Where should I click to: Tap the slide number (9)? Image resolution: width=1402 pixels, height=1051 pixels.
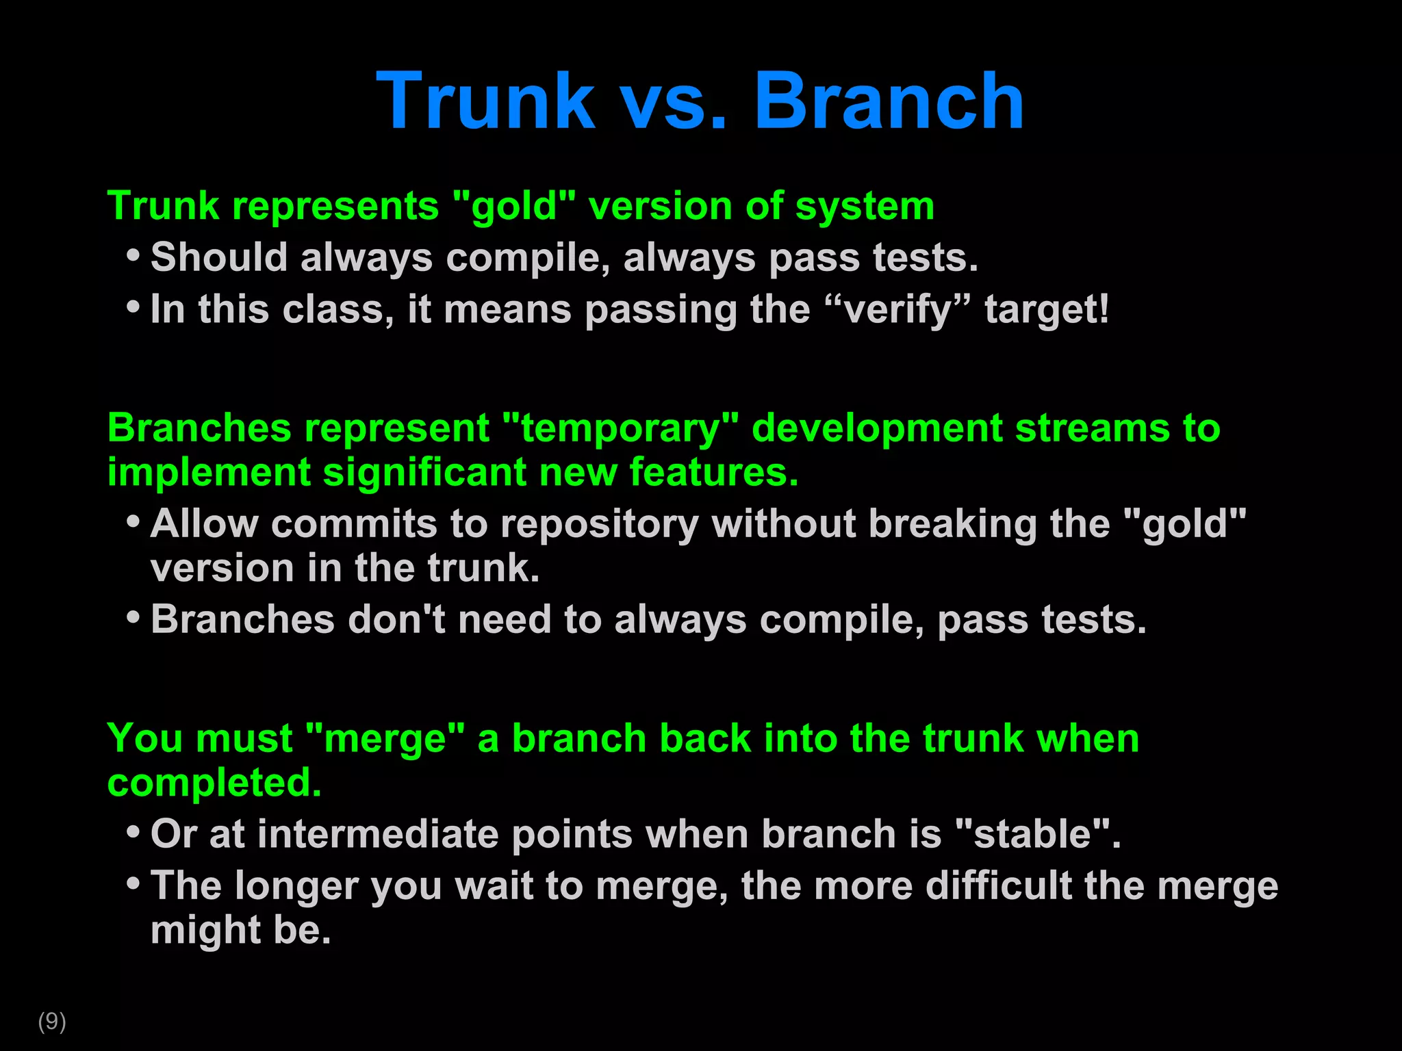coord(52,1021)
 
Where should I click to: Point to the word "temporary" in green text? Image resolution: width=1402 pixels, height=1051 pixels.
coord(621,428)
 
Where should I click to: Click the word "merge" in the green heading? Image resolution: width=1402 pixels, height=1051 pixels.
coord(385,739)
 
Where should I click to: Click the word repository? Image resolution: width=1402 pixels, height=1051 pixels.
coord(600,524)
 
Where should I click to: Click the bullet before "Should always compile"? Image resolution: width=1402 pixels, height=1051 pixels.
coord(133,256)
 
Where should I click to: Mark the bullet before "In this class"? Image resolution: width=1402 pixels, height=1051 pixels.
coord(133,307)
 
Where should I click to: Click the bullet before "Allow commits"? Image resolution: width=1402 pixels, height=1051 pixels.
coord(133,522)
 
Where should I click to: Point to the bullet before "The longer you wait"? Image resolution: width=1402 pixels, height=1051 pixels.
coord(133,883)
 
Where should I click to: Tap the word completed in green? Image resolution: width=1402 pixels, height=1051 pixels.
coord(214,783)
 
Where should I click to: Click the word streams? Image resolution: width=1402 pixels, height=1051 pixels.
coord(1093,428)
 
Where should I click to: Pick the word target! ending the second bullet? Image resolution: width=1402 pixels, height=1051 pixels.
coord(1047,309)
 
